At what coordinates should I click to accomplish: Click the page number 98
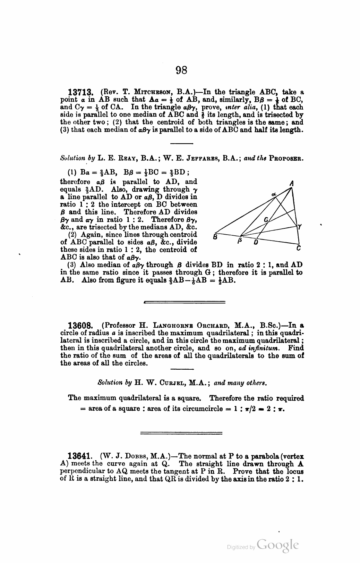point(181,70)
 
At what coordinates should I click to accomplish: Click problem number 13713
point(82,93)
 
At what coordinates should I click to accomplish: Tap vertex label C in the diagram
point(299,249)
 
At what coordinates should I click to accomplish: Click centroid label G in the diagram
point(266,220)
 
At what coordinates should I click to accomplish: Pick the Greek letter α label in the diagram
point(273,195)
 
